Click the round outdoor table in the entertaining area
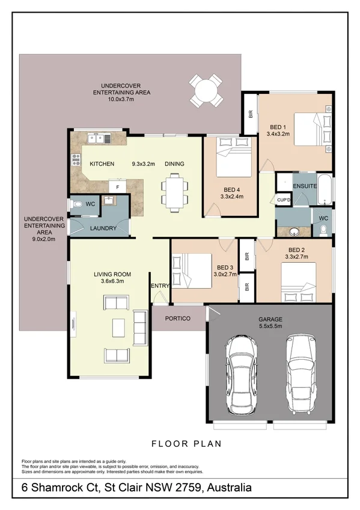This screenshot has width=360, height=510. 206,91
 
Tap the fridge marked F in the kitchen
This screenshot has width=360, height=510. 117,187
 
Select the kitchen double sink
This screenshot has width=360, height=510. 99,139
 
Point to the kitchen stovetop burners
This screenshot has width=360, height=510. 76,160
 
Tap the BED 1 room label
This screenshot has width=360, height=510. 278,127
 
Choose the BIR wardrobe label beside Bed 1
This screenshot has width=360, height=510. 250,114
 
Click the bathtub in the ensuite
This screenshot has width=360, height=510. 325,189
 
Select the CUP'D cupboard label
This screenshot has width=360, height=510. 284,200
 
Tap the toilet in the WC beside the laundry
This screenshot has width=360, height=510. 77,204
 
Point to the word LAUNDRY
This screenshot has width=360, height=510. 103,229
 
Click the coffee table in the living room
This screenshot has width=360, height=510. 118,328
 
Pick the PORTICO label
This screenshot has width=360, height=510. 178,318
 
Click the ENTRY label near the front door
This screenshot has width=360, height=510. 160,286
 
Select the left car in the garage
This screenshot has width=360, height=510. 241,375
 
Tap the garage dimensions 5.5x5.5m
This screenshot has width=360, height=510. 270,326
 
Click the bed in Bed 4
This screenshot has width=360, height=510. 234,157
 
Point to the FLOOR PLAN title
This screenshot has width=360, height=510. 186,444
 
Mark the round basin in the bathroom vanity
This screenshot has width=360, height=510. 294,232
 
